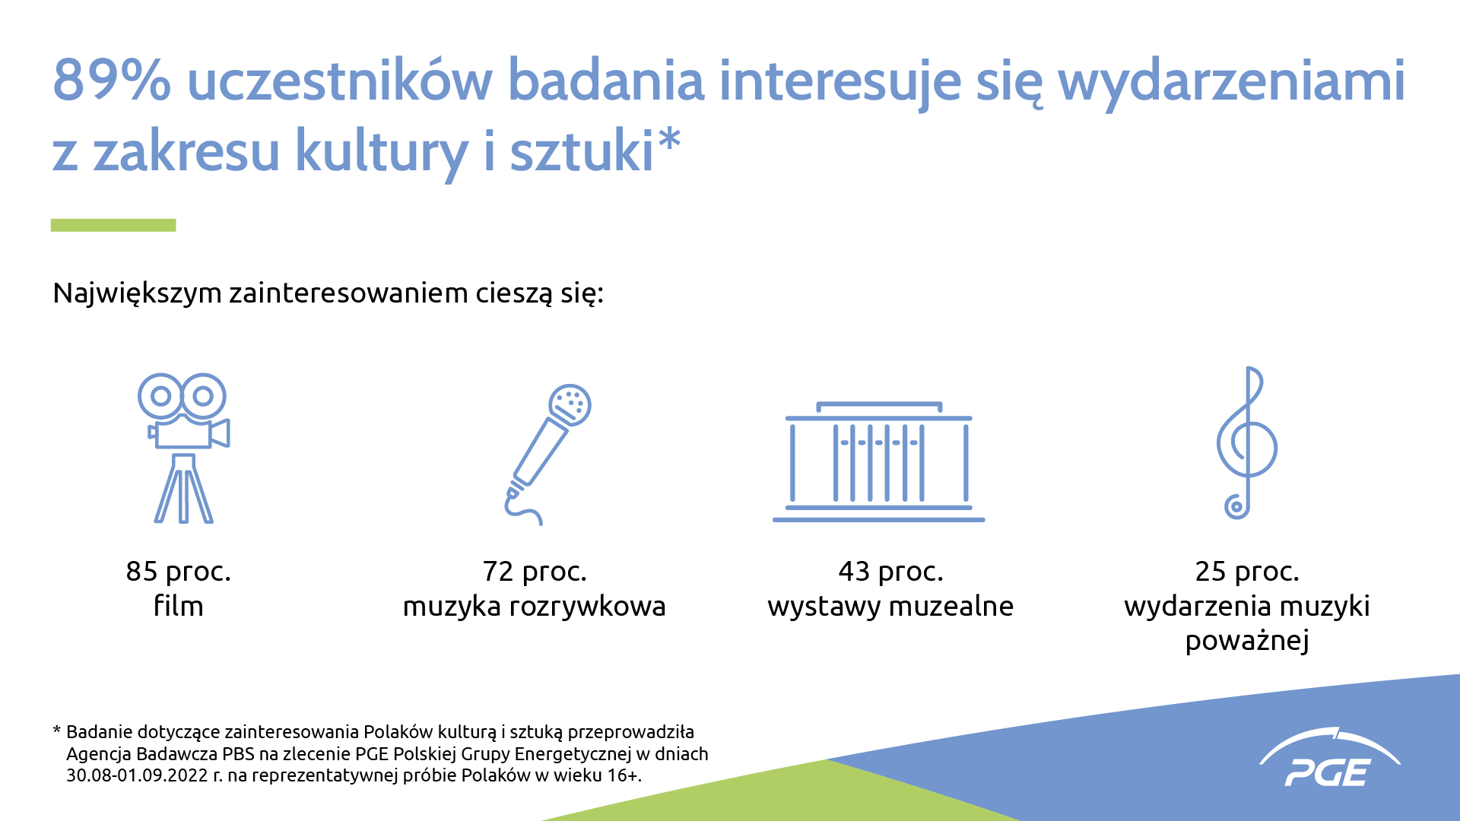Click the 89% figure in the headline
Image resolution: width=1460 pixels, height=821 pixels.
point(112,80)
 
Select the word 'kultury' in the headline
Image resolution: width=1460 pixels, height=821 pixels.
point(381,152)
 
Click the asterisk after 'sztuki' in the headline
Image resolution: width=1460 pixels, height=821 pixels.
point(669,140)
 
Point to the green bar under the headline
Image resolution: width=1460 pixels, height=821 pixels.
point(113,225)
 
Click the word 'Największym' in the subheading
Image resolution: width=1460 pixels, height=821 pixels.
point(138,293)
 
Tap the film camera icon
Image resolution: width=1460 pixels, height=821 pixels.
point(183,448)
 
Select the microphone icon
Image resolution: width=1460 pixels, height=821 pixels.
point(547,454)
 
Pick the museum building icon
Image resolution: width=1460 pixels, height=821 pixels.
point(879,461)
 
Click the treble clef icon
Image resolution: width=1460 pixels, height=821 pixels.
point(1246,443)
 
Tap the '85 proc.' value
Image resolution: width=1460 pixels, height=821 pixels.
point(179,572)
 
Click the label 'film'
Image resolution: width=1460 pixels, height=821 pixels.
point(179,606)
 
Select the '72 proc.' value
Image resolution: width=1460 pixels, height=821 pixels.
point(535,572)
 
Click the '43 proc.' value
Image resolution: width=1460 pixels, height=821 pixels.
point(890,572)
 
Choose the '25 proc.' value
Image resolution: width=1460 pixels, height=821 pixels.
point(1247,572)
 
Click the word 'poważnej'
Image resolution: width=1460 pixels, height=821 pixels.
point(1247,641)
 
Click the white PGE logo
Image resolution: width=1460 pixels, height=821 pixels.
point(1329,758)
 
